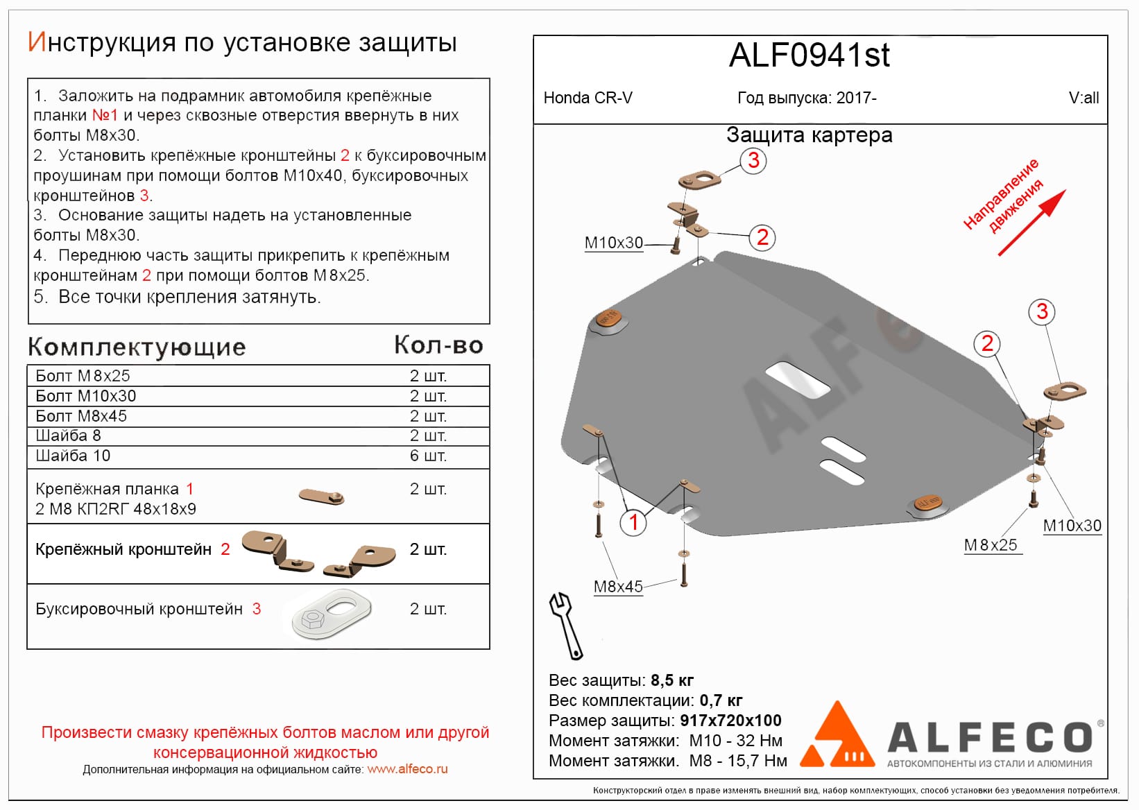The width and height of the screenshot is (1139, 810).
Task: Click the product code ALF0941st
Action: click(x=809, y=55)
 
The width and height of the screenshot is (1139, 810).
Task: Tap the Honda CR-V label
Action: click(x=588, y=98)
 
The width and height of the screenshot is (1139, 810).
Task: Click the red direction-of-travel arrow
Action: click(x=1031, y=223)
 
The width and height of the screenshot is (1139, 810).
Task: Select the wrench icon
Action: click(x=566, y=624)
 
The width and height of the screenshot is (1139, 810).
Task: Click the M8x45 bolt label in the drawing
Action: click(x=618, y=587)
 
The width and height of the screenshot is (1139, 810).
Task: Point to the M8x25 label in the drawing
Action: click(x=991, y=545)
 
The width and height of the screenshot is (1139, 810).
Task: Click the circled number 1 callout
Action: click(x=633, y=522)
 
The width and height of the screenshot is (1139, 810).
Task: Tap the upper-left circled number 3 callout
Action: click(x=753, y=161)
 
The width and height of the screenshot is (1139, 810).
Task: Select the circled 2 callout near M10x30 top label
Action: click(x=762, y=238)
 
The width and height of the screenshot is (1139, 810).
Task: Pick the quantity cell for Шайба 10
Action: click(x=428, y=456)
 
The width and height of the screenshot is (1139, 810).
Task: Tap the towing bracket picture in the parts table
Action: click(x=332, y=613)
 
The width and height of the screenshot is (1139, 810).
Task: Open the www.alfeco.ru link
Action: click(x=407, y=769)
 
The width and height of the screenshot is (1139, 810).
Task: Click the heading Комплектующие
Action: click(x=137, y=347)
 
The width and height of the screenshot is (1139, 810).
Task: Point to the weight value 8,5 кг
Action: click(x=672, y=680)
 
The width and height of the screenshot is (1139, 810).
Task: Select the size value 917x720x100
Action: click(x=730, y=721)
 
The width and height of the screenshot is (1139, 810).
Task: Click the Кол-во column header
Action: click(x=438, y=345)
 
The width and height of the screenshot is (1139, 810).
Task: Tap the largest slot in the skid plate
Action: click(x=798, y=380)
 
